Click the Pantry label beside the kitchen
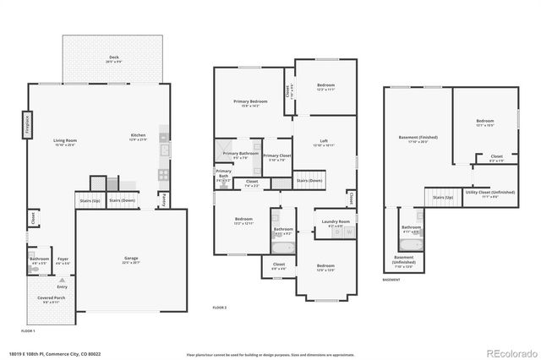(163, 199)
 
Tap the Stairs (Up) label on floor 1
(90, 200)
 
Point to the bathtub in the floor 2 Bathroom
(283, 248)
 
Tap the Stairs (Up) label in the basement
(443, 197)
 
